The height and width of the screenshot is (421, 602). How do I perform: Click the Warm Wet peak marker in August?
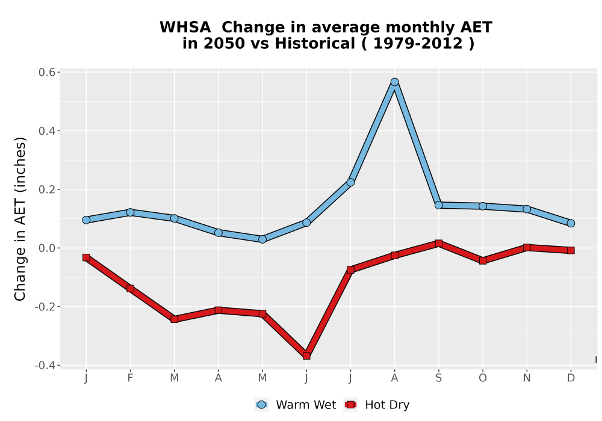[x=394, y=82]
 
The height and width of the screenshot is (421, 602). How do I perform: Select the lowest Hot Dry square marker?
[x=306, y=356]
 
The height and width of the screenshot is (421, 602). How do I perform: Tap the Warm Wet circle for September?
[x=438, y=205]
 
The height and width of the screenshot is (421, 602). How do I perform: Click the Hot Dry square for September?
[x=438, y=244]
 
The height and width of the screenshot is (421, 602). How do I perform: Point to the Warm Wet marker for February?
[x=130, y=212]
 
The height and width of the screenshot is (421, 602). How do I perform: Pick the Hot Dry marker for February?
[x=130, y=288]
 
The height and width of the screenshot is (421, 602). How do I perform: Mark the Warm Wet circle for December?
[x=571, y=223]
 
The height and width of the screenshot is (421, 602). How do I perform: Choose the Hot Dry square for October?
[x=483, y=261]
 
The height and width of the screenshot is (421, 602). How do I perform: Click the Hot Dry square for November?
[x=527, y=248]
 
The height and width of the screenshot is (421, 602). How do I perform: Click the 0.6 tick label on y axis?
[x=47, y=72]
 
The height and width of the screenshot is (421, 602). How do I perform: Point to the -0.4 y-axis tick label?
[x=45, y=366]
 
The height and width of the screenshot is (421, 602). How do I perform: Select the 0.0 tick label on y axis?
[x=47, y=248]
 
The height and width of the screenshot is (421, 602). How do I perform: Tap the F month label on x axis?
[x=130, y=378]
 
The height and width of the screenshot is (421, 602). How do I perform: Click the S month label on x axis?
[x=438, y=378]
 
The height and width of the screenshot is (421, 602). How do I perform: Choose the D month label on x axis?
[x=571, y=378]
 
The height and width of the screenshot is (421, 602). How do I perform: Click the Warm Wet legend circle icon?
[x=261, y=405]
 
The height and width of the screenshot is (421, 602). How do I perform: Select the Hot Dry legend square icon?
[x=350, y=405]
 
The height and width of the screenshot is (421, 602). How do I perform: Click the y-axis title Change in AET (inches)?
[x=20, y=219]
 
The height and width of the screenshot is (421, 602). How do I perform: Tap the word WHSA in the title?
[x=185, y=27]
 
